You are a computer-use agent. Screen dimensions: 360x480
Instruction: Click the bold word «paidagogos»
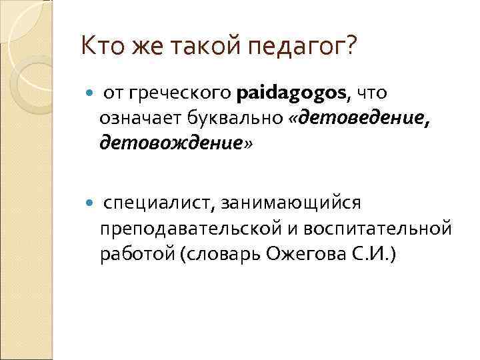(x=291, y=94)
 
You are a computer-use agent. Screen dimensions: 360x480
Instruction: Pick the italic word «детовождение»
(x=171, y=143)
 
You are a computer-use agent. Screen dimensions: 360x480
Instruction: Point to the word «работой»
(x=131, y=255)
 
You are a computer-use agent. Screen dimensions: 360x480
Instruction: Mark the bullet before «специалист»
(x=90, y=201)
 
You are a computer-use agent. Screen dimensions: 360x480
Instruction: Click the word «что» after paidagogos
(x=371, y=94)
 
